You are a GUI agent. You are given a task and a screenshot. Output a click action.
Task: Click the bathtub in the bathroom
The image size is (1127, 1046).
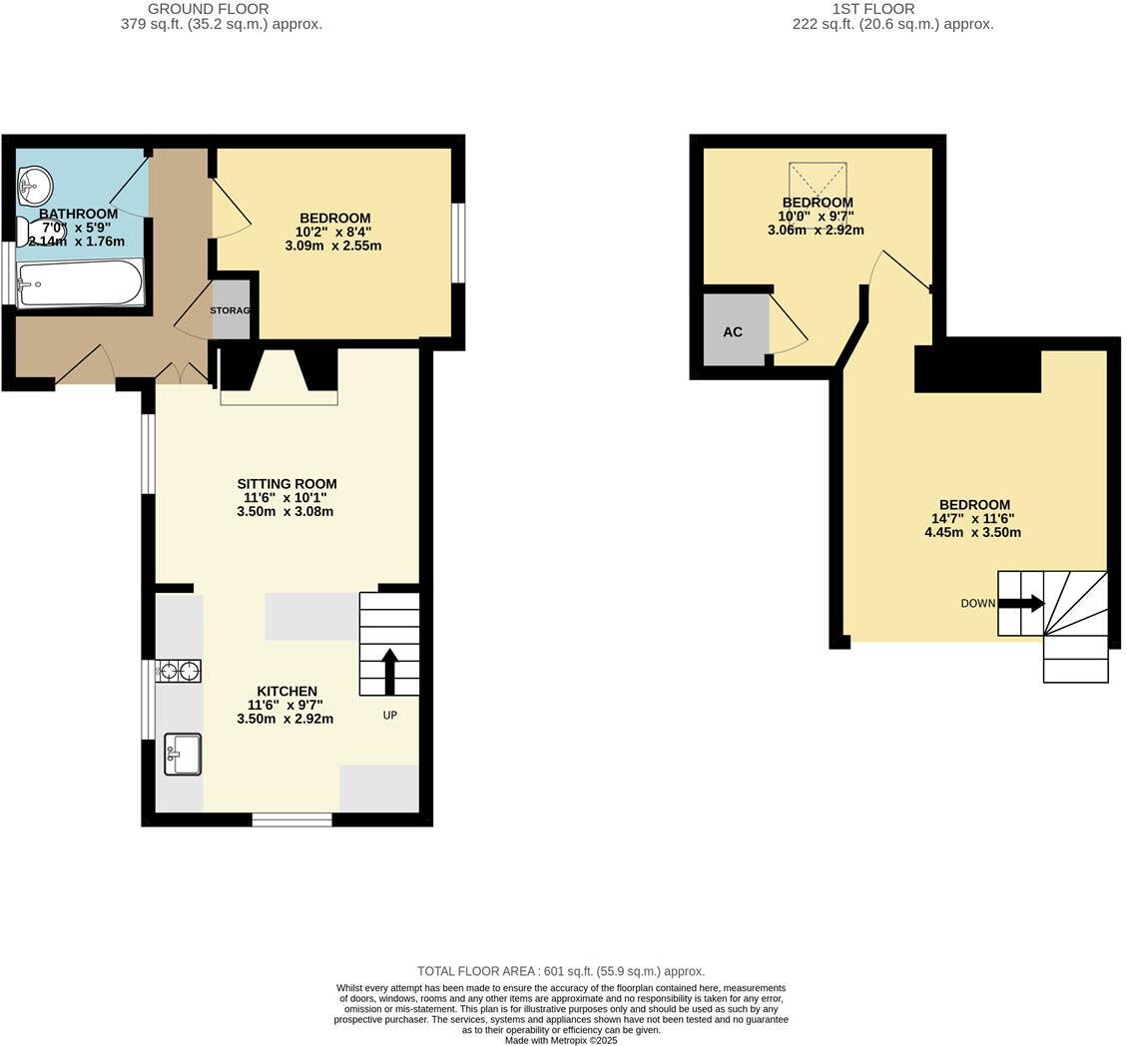(x=81, y=283)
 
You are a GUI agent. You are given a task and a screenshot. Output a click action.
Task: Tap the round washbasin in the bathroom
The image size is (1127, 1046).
(x=35, y=184)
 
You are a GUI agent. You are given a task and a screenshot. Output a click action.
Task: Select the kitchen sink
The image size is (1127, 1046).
(x=183, y=754)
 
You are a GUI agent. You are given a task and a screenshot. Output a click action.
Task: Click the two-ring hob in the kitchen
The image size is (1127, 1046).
(x=179, y=671)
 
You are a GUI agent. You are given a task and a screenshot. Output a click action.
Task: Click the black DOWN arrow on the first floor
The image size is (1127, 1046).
(x=1021, y=603)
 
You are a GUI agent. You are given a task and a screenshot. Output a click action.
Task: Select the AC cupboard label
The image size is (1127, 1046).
(x=733, y=331)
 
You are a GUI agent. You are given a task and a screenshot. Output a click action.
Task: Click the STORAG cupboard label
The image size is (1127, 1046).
(x=230, y=310)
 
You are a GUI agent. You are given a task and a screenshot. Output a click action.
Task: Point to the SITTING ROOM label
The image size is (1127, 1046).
(x=286, y=484)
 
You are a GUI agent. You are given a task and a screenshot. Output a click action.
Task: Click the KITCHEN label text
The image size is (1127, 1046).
(x=286, y=691)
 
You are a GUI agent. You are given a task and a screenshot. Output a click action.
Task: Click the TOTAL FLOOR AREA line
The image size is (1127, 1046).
(x=561, y=971)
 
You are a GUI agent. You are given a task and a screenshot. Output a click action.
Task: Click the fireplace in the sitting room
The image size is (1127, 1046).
(x=279, y=376)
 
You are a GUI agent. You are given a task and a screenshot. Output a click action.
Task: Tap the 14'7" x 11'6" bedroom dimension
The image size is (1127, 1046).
(x=973, y=519)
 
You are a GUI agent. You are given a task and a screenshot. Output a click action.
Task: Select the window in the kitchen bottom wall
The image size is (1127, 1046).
(x=291, y=819)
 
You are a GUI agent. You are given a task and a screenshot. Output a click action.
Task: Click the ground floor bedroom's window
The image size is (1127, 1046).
(x=458, y=244)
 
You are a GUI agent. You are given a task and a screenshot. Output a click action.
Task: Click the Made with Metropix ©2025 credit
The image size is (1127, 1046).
(x=561, y=1040)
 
